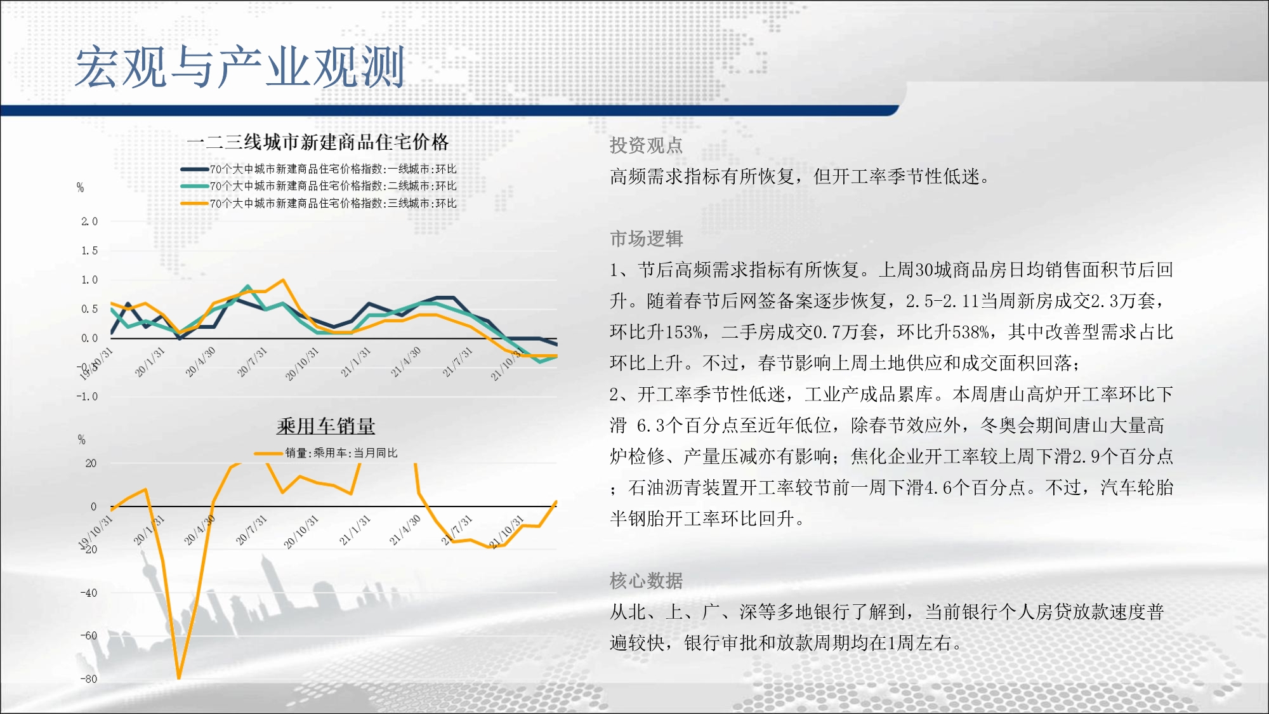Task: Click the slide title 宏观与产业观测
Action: coord(240,67)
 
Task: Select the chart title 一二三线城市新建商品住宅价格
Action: coord(318,142)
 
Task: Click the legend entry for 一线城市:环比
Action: coord(319,169)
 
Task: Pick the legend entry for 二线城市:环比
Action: coord(319,186)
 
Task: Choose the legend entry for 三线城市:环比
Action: coord(319,203)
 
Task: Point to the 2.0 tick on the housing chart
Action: coord(89,221)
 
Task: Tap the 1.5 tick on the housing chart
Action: coord(89,251)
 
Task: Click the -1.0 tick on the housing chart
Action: coord(88,397)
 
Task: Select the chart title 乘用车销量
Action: coord(325,426)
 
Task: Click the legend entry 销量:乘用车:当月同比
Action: coord(325,453)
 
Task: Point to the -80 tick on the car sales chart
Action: coord(89,679)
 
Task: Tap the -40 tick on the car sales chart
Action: coord(89,593)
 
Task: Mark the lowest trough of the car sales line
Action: coord(179,678)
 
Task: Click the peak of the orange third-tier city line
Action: coord(283,280)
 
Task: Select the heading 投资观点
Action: coord(646,145)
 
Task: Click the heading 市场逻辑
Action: coord(646,239)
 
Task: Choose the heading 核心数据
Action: coord(646,581)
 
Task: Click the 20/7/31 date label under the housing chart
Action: coord(253,362)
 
